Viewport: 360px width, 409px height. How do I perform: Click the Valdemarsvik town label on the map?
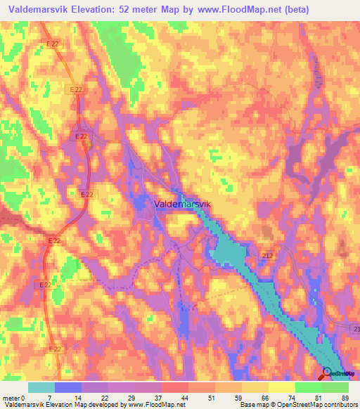(182, 203)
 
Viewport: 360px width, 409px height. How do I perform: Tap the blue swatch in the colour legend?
(68, 387)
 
